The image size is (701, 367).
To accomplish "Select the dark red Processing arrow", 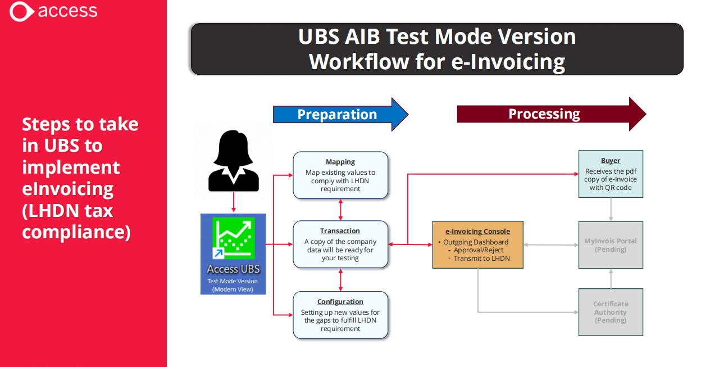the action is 552,114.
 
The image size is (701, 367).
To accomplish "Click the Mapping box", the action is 340,175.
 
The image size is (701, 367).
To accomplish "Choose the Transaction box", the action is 340,244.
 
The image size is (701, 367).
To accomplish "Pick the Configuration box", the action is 340,315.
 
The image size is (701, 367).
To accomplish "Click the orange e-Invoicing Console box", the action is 478,245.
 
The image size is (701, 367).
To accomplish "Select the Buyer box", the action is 611,174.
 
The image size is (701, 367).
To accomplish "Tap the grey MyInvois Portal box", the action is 611,245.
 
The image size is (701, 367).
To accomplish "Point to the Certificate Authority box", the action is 611,312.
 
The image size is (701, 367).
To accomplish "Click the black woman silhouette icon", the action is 234,161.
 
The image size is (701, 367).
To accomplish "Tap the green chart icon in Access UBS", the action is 234,238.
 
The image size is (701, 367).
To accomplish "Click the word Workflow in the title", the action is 359,62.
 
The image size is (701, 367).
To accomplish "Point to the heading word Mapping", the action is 340,162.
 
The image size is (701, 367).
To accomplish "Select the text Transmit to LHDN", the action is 481,259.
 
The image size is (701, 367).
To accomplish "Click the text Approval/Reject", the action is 479,250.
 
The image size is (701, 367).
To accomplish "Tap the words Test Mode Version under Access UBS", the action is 233,281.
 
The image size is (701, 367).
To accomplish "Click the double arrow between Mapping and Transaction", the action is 340,210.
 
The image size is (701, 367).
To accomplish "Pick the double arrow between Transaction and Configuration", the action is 340,280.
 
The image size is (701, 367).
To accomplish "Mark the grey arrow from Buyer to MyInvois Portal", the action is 611,210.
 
